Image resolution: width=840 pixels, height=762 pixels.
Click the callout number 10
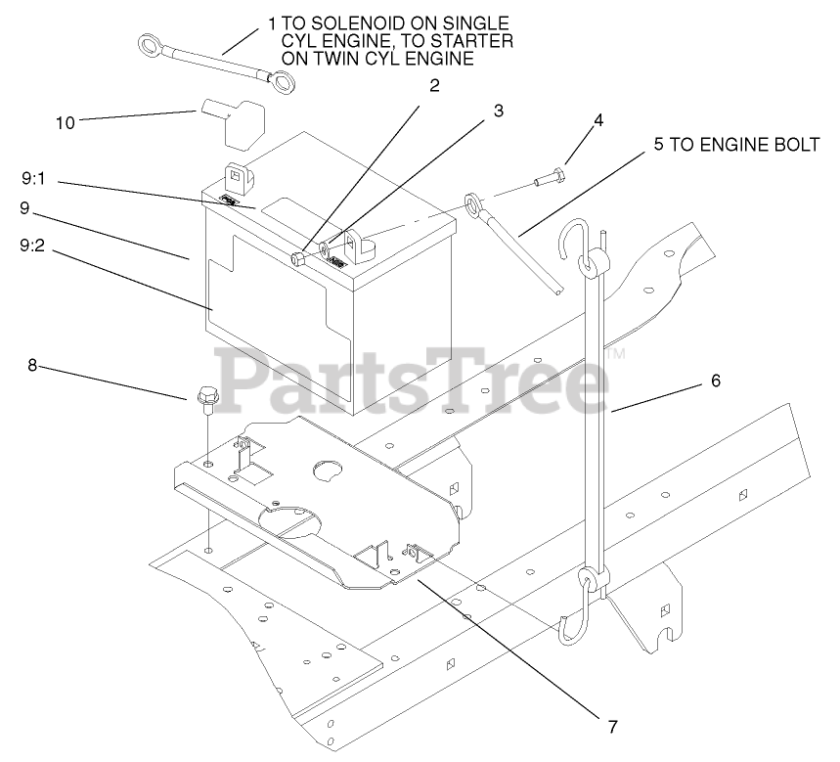65,122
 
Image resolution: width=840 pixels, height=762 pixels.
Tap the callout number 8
32,366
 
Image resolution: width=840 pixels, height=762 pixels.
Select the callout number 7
613,726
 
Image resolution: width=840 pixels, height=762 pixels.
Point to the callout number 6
715,381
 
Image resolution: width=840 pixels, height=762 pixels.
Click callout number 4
597,121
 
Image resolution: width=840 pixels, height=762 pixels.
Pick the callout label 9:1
33,180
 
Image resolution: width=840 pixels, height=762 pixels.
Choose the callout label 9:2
33,247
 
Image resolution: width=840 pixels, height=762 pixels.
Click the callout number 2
434,84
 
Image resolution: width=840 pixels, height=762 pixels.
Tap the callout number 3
498,111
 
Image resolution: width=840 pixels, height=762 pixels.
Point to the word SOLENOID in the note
332,22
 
